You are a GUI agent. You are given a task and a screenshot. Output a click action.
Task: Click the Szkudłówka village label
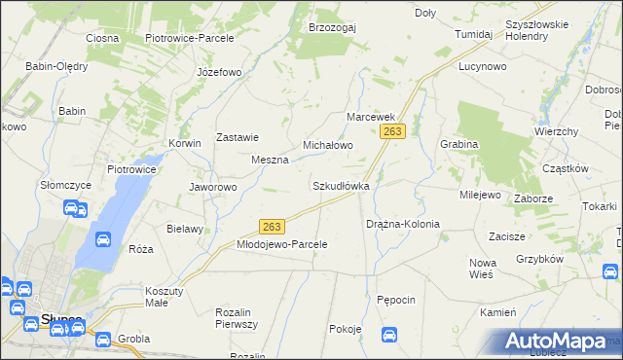tap(340, 185)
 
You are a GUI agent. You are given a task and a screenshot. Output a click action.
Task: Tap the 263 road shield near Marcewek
tap(392, 131)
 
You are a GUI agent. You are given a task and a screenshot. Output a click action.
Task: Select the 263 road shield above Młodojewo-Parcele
tap(273, 227)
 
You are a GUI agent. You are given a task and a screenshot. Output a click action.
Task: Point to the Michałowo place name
tap(327, 145)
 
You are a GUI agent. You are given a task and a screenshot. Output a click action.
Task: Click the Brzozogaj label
tap(332, 27)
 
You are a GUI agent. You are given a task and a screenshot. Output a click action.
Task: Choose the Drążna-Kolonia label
tap(403, 224)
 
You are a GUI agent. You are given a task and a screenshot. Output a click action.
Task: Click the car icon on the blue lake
tap(102, 239)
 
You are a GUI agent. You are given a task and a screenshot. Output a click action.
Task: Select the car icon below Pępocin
tap(389, 336)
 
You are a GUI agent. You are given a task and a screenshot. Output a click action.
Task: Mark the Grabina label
tap(458, 144)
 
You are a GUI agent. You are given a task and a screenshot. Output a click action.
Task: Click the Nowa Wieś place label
tap(482, 269)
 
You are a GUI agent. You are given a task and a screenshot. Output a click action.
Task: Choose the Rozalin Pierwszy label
tap(235, 318)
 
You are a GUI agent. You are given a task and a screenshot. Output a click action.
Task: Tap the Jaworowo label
tap(212, 187)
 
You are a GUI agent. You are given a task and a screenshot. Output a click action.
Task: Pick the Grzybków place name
tap(541, 260)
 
